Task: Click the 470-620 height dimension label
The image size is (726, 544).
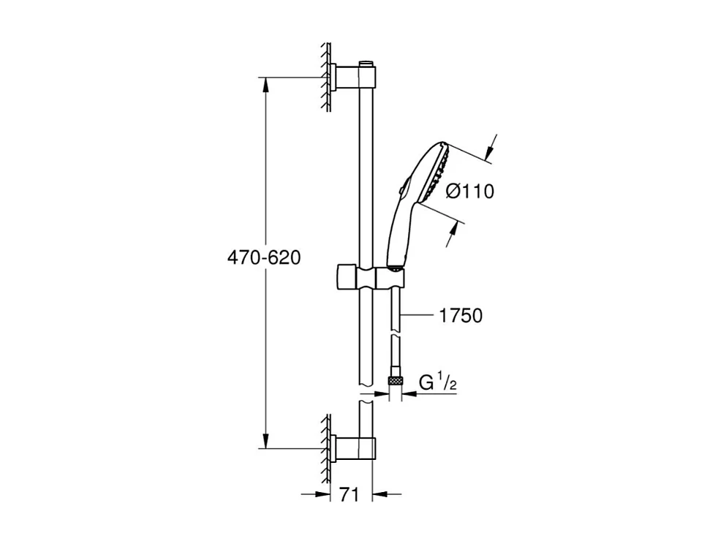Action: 264,258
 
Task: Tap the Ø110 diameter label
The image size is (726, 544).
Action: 469,192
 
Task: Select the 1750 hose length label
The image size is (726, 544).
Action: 461,316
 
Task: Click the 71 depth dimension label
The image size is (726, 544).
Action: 349,495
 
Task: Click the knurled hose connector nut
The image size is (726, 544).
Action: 396,381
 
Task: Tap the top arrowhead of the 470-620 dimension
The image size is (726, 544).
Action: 265,84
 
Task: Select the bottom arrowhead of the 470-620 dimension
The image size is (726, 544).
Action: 265,440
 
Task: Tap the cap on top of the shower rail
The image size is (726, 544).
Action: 366,61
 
